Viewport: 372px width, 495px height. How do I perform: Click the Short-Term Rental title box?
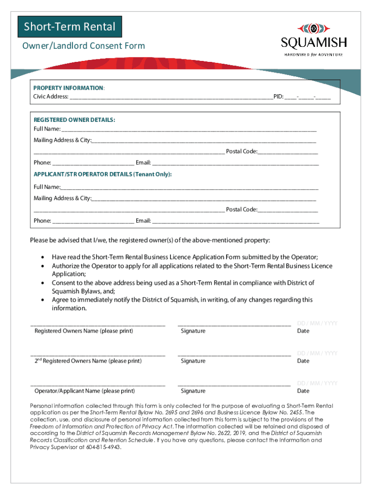click(x=70, y=27)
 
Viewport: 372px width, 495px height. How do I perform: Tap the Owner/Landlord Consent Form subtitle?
click(x=84, y=46)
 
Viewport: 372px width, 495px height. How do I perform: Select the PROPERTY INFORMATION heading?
click(x=68, y=88)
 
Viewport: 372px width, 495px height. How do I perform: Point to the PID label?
click(x=278, y=96)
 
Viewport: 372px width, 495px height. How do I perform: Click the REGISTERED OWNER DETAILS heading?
click(x=74, y=119)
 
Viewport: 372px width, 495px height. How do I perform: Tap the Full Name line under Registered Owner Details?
click(x=188, y=129)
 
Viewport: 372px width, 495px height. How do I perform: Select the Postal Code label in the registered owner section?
click(x=241, y=152)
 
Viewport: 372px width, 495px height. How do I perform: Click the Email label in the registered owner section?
click(x=143, y=163)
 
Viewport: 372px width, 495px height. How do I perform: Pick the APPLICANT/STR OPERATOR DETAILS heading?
click(x=102, y=174)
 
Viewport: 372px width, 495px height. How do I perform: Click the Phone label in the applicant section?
click(x=42, y=221)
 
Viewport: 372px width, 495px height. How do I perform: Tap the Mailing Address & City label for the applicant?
click(x=62, y=198)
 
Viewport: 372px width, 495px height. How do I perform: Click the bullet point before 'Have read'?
click(x=44, y=258)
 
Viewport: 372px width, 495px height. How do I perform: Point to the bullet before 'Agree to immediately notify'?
click(x=44, y=300)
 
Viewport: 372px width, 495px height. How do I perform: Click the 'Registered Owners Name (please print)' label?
click(x=84, y=331)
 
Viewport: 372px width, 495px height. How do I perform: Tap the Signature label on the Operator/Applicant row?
click(x=193, y=391)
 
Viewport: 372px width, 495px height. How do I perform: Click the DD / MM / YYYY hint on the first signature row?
click(x=317, y=323)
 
